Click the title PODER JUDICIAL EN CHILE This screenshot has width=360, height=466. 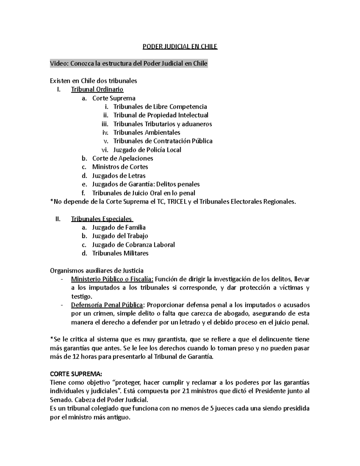[x=180, y=47]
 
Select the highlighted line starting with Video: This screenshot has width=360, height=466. [x=129, y=64]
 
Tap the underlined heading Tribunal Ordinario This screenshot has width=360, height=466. [x=97, y=89]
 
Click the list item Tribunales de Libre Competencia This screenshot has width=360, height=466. [x=160, y=107]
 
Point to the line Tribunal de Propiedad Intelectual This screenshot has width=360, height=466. [x=160, y=115]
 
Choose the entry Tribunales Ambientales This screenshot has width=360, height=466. [x=146, y=132]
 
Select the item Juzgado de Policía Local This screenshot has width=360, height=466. [x=147, y=150]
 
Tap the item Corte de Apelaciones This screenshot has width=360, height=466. [x=122, y=158]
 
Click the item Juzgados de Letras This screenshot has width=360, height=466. [x=119, y=176]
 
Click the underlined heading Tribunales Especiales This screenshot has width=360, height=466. [x=101, y=219]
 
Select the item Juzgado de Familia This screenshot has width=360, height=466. [x=119, y=227]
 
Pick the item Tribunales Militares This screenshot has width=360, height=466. [x=120, y=253]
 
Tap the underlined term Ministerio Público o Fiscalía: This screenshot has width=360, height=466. [x=112, y=279]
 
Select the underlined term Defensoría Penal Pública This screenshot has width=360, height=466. [x=107, y=305]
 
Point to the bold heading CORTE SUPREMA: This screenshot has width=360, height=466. [x=76, y=374]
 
